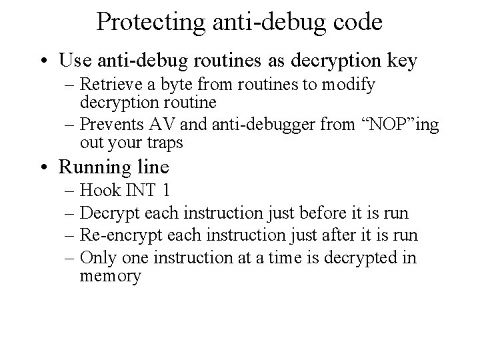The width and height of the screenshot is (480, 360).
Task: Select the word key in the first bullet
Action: point(401,61)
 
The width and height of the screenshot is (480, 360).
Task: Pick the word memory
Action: point(111,275)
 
